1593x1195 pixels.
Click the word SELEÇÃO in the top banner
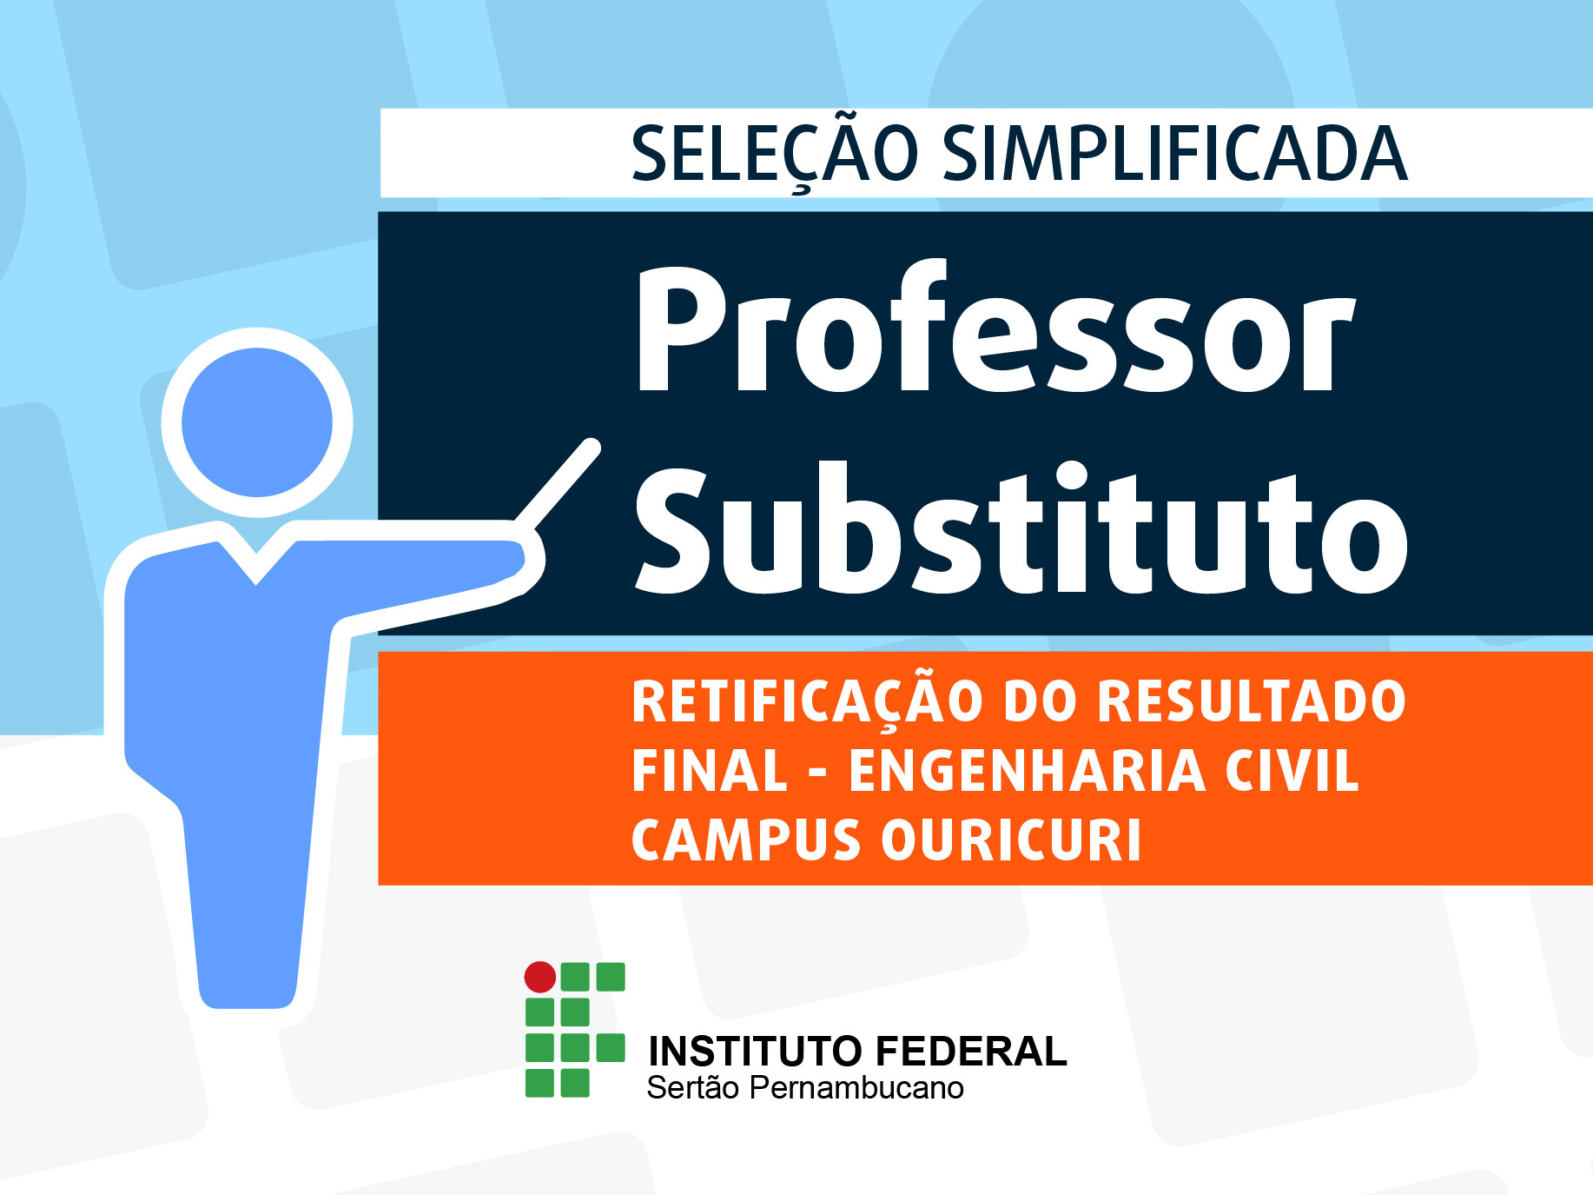point(774,153)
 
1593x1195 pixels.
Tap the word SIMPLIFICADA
point(1174,154)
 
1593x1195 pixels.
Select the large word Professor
point(995,329)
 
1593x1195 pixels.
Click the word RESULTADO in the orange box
point(1252,701)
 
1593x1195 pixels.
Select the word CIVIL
point(1292,771)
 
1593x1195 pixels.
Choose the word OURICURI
point(1011,840)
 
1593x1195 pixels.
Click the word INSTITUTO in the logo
point(752,1052)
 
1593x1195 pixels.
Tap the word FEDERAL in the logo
point(970,1052)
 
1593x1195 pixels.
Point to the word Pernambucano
point(856,1088)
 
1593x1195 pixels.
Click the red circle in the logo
point(540,977)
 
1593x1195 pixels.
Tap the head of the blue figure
point(257,422)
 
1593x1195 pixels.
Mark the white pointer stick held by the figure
point(557,484)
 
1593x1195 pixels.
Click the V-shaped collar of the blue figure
point(257,562)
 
